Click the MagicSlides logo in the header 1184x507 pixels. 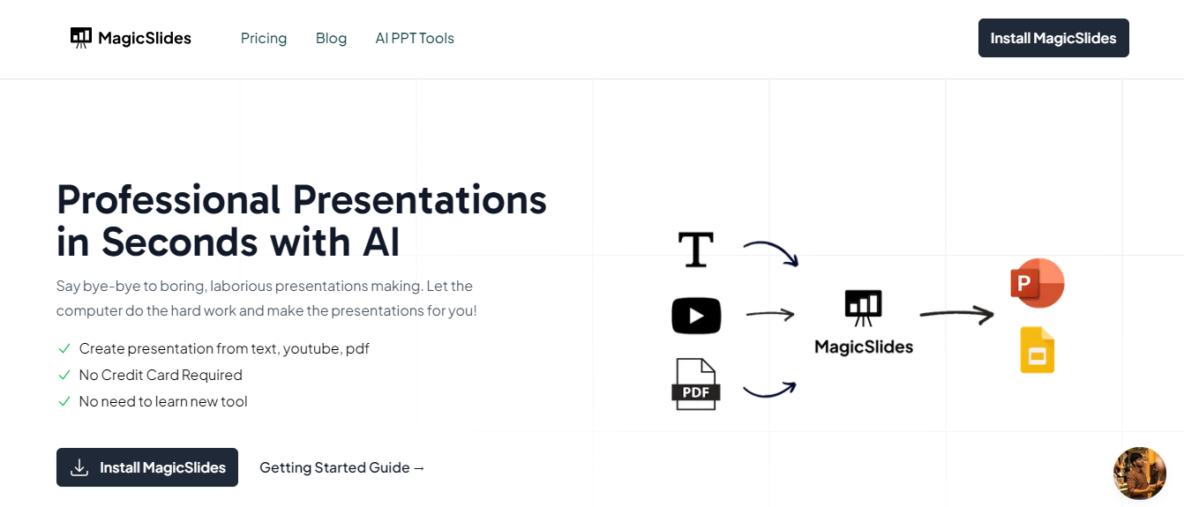tap(131, 38)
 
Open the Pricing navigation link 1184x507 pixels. tap(264, 38)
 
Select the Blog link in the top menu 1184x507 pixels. tap(331, 38)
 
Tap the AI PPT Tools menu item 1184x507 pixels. tap(415, 38)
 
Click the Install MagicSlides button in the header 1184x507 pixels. tap(1053, 38)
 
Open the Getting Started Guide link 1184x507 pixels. tap(342, 467)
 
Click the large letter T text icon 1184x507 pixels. tap(695, 250)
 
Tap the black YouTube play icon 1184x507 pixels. tap(696, 316)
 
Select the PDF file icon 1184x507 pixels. tap(696, 384)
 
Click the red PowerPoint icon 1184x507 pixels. tap(1037, 284)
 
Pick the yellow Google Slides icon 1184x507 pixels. tap(1038, 350)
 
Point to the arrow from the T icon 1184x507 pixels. tap(771, 251)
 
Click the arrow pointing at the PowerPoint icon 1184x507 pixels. tap(956, 313)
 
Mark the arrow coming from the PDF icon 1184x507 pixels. tap(770, 390)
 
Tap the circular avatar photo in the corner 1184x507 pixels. tap(1140, 473)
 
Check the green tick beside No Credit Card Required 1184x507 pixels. tap(64, 375)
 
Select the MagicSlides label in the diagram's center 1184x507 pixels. tap(864, 347)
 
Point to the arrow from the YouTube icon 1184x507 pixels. tap(770, 314)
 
